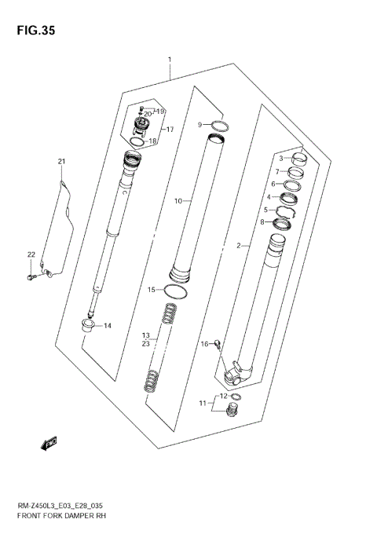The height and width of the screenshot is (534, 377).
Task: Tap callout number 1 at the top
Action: tap(169, 60)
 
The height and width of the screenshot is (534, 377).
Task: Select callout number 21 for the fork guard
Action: tap(61, 163)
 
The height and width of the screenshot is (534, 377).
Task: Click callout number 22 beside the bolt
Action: tap(31, 254)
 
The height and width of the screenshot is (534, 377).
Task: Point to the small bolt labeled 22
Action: tap(31, 276)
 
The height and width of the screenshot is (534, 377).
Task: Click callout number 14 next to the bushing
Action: tap(107, 326)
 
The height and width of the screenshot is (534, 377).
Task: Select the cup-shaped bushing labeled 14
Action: tap(88, 324)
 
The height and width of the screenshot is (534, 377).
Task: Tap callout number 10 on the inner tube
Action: tap(178, 201)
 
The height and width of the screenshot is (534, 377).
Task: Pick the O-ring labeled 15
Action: tap(178, 291)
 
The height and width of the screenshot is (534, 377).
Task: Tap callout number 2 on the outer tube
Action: tap(237, 246)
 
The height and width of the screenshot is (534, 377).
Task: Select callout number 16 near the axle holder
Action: tap(204, 343)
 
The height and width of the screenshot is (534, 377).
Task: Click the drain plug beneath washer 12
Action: tap(231, 411)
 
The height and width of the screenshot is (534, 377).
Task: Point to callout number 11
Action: tap(202, 404)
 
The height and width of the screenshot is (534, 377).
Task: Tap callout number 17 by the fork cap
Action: tap(169, 129)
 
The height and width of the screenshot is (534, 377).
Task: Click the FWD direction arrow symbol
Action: tap(49, 444)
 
